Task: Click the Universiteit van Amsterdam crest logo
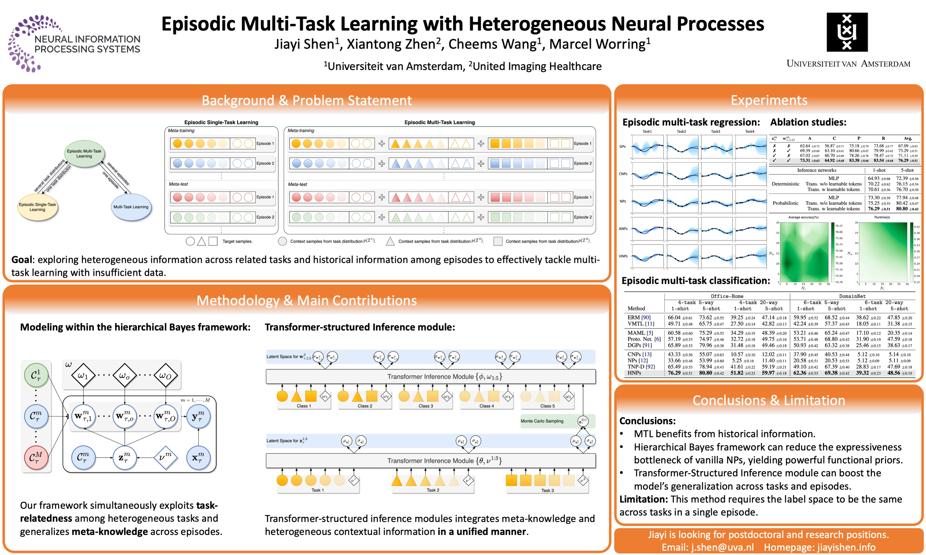(847, 32)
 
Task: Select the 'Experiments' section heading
(769, 100)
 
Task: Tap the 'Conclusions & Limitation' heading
(769, 400)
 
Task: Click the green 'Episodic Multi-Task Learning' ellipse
(84, 153)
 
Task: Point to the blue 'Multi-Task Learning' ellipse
(131, 207)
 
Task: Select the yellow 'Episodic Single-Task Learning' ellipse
(37, 207)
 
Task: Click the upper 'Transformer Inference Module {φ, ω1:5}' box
(430, 377)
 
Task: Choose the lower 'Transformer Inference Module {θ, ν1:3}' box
(430, 461)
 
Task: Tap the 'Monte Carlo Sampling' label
(542, 421)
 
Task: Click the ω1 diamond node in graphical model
(83, 375)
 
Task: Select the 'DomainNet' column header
(852, 296)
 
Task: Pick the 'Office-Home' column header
(727, 296)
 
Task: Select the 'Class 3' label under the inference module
(426, 406)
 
